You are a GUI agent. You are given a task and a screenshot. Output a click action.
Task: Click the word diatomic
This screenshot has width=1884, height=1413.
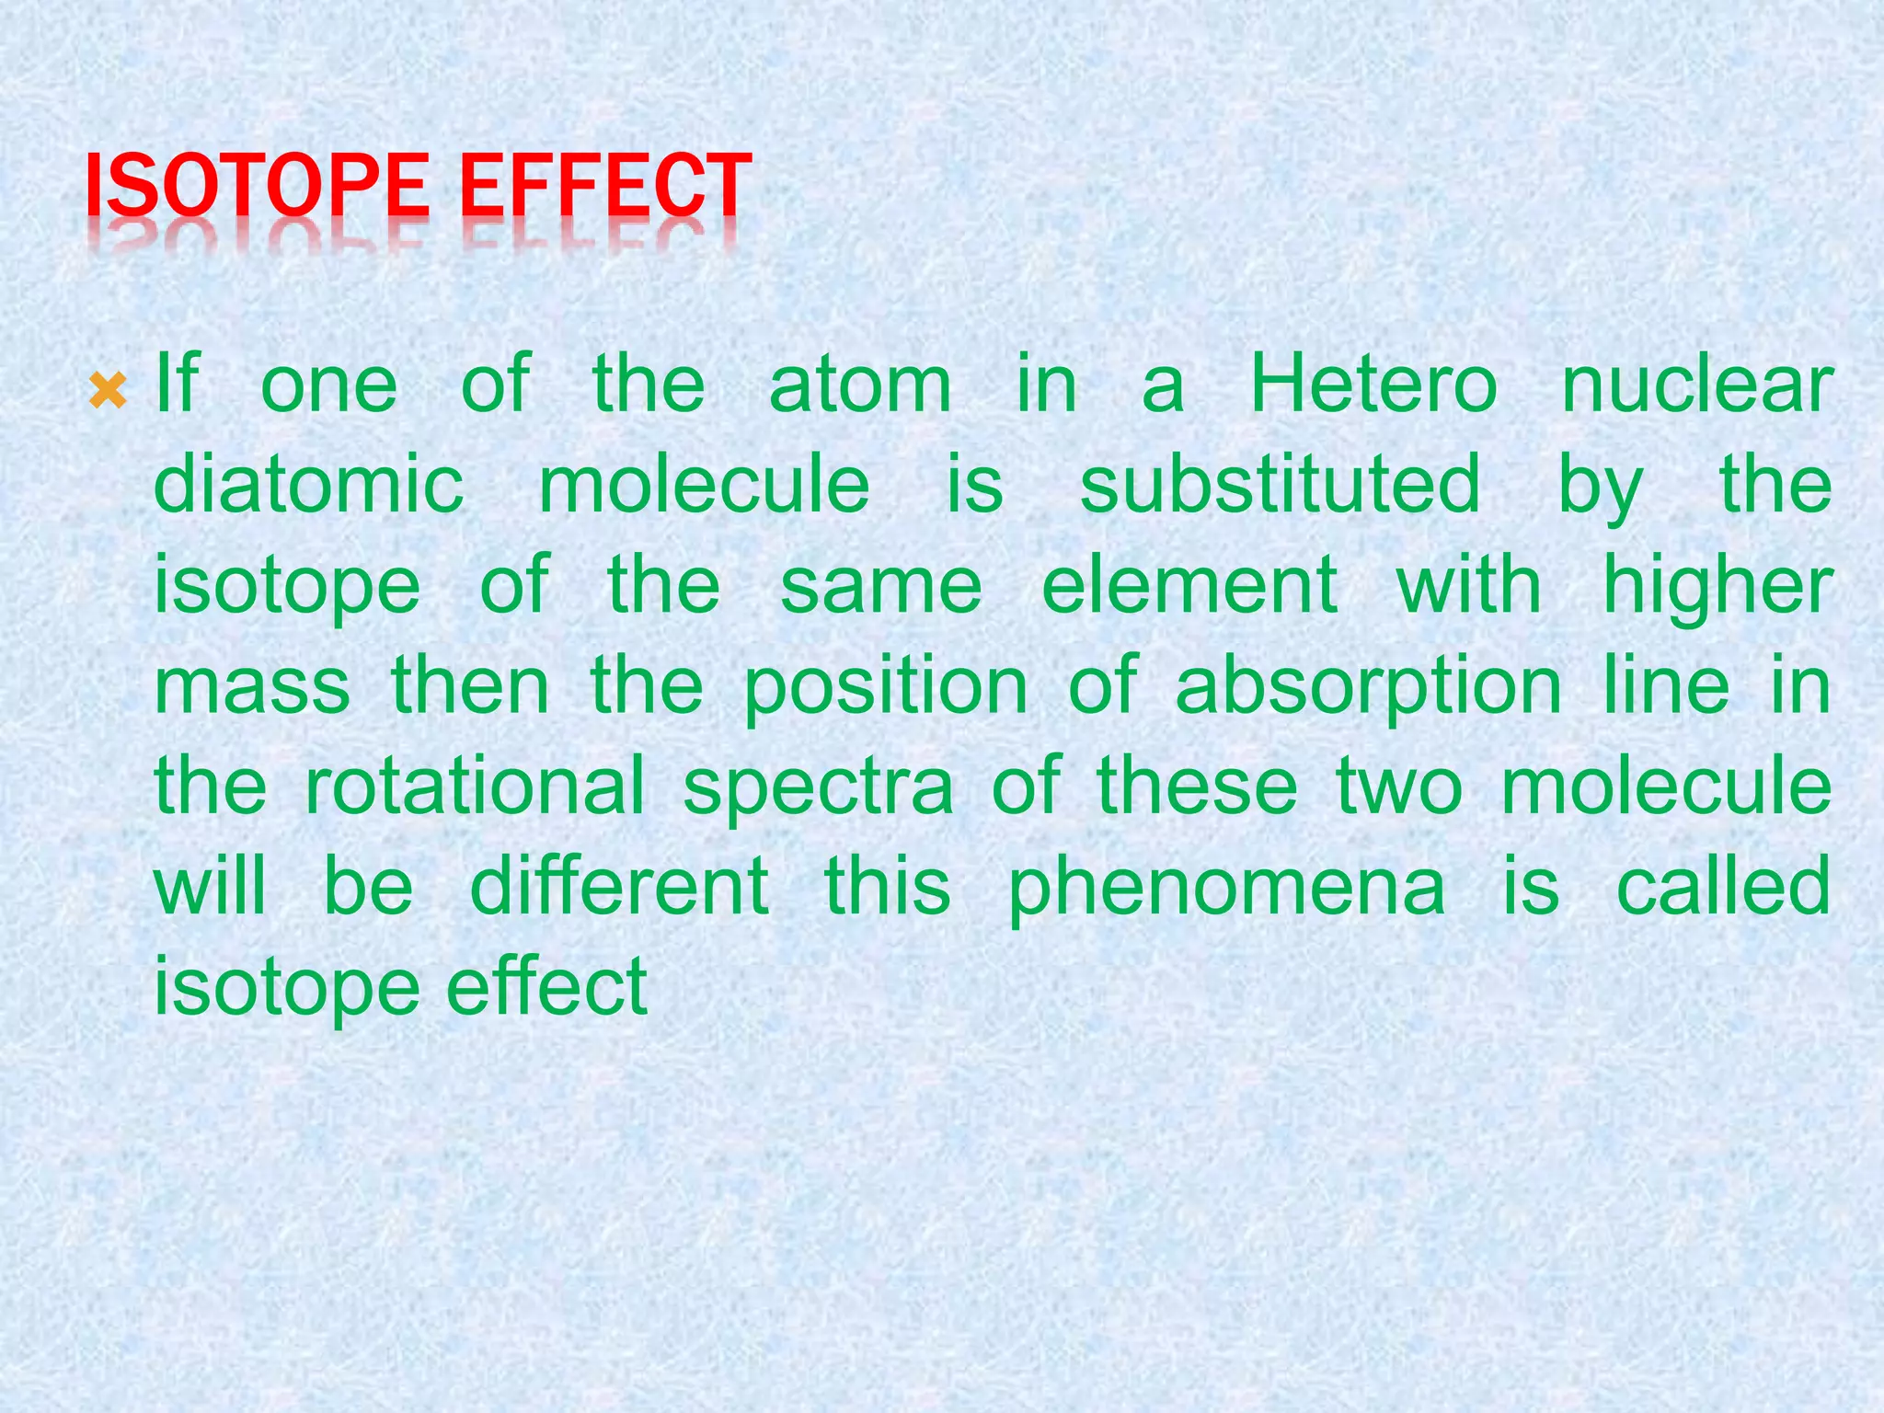click(308, 485)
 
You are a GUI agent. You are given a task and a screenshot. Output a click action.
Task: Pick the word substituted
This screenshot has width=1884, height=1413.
click(1280, 485)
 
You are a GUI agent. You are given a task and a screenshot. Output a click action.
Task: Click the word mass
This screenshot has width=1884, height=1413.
click(252, 687)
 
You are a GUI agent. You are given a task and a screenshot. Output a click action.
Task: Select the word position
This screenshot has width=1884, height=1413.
click(885, 687)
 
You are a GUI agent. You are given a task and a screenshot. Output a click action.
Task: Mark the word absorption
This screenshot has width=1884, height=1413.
click(1368, 687)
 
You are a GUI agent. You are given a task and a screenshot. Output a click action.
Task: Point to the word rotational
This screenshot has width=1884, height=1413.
click(475, 787)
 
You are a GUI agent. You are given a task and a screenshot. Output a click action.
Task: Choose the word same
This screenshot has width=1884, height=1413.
click(881, 587)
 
